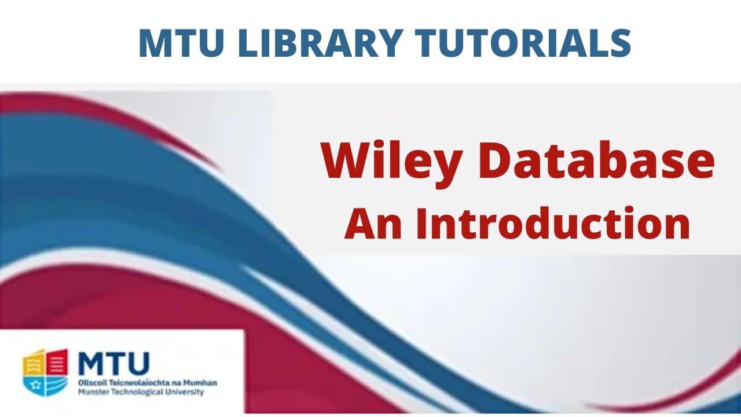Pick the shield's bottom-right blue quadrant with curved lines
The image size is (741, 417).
(x=57, y=383)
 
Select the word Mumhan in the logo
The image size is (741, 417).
(x=203, y=383)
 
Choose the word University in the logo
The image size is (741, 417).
(x=184, y=392)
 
